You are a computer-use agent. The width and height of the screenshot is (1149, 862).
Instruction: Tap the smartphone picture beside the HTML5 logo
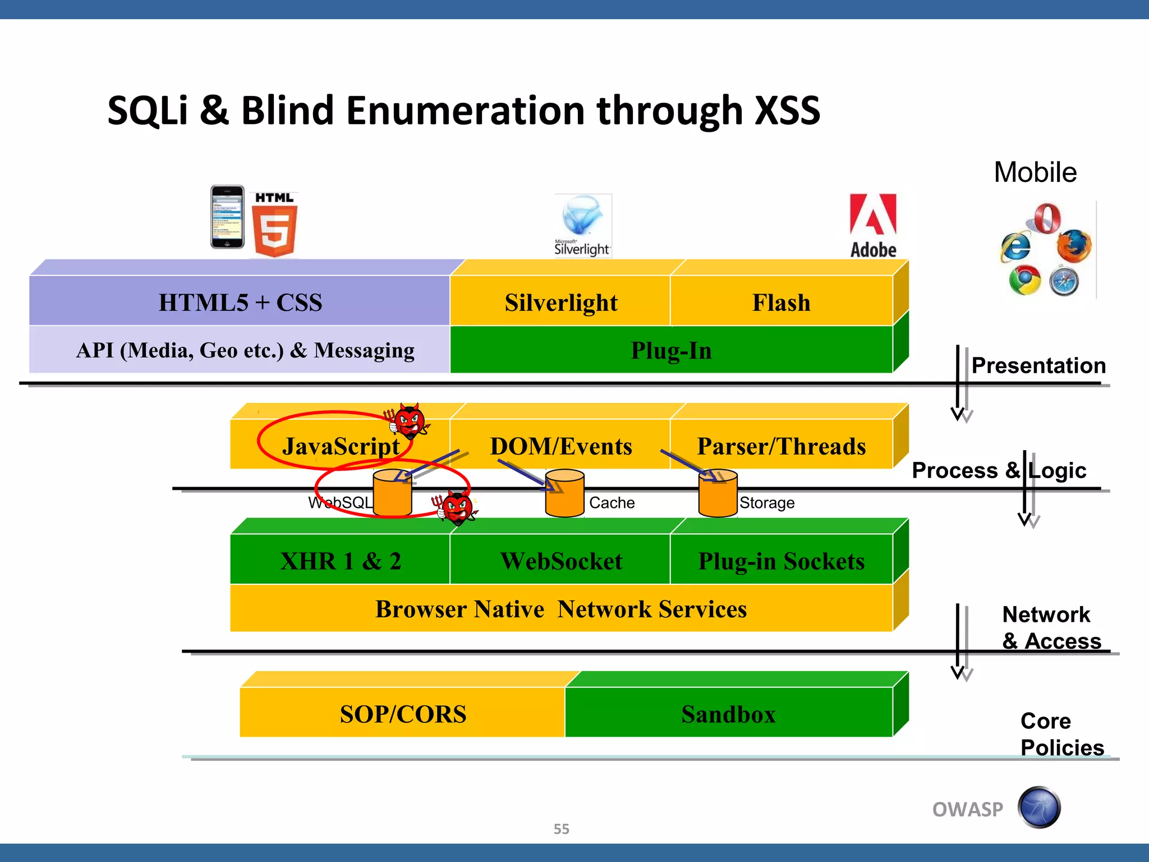227,217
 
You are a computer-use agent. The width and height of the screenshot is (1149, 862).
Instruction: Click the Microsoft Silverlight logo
582,225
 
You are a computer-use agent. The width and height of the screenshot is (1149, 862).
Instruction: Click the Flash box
781,302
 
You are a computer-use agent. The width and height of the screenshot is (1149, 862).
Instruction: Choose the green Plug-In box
671,350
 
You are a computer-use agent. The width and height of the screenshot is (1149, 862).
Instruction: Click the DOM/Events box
560,446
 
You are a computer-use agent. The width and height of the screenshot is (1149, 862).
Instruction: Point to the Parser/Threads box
781,446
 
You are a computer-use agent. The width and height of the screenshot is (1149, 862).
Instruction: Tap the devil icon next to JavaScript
409,421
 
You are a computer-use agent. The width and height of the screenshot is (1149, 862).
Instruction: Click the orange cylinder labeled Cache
564,493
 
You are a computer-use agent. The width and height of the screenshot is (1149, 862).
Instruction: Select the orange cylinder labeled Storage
718,493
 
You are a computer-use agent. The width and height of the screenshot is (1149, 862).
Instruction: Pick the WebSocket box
560,561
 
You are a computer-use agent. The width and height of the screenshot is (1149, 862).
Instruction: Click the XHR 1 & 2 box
340,561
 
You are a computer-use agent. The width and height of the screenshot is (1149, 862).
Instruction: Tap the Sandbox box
728,714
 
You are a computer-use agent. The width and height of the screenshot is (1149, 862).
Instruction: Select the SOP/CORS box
403,714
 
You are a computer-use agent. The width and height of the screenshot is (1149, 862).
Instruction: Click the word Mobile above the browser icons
1035,172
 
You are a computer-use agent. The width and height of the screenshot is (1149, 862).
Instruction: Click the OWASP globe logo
1039,808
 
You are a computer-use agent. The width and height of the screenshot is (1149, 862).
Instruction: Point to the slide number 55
561,829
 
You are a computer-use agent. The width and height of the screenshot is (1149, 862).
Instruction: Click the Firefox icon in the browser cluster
1074,246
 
